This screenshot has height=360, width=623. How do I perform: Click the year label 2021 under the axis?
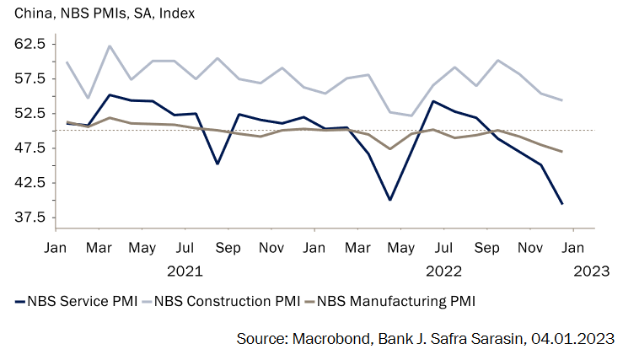(185, 271)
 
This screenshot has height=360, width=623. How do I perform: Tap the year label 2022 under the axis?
(443, 271)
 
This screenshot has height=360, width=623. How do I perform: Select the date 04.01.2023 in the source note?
(573, 338)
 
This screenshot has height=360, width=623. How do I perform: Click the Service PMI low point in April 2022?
(390, 200)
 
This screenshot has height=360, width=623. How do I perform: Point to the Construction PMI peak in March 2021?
(110, 46)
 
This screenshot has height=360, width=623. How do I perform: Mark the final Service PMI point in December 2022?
(562, 204)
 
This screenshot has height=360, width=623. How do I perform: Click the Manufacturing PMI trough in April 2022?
(390, 148)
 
